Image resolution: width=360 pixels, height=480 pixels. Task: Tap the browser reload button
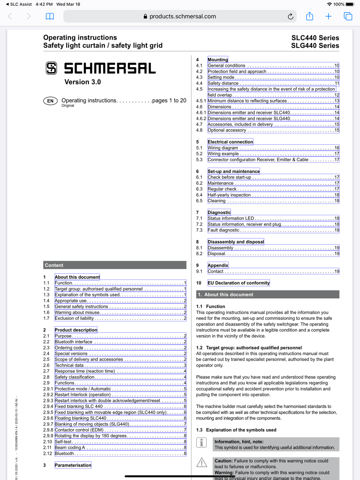(x=291, y=17)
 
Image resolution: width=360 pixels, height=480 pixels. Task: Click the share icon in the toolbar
(x=310, y=16)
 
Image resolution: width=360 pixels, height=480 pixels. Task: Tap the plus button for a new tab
(x=328, y=16)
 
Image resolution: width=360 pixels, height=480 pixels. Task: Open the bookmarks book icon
(x=50, y=17)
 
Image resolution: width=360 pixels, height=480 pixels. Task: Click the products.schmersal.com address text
(x=183, y=17)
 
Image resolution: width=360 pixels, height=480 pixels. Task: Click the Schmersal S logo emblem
(x=51, y=68)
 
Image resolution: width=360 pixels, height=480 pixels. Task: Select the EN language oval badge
(x=50, y=101)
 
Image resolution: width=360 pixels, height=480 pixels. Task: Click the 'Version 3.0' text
(x=82, y=82)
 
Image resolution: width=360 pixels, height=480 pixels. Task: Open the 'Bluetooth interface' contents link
(x=74, y=342)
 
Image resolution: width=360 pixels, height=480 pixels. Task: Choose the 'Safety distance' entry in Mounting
(x=223, y=83)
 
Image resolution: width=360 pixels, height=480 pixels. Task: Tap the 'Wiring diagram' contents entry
(x=223, y=148)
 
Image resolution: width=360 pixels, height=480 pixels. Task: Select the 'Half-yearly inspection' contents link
(x=229, y=195)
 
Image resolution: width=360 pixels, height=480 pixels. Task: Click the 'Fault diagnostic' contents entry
(x=224, y=230)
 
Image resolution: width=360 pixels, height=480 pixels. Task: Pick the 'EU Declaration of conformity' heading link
(x=239, y=283)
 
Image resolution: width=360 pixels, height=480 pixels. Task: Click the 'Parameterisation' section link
(x=73, y=465)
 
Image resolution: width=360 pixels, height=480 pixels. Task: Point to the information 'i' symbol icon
(x=202, y=443)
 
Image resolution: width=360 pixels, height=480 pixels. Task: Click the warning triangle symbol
(x=202, y=463)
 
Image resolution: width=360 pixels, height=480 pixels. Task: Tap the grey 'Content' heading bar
(x=114, y=265)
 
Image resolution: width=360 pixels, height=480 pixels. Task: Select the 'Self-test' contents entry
(x=63, y=442)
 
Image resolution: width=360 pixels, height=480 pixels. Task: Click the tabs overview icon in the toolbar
(x=348, y=16)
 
